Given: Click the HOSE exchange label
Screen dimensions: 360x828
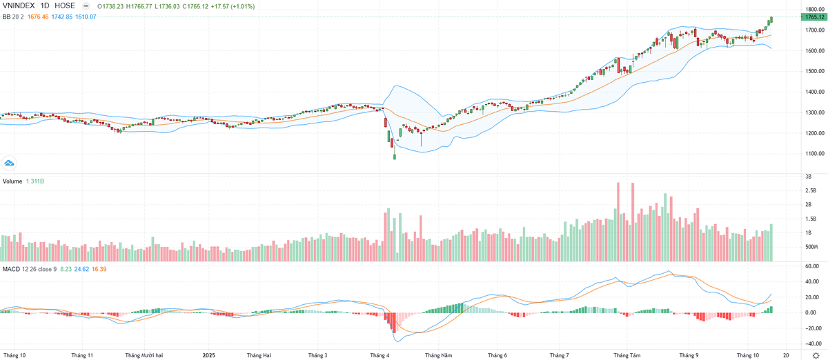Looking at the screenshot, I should [75, 6].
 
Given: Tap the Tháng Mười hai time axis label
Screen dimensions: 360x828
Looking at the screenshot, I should [144, 354].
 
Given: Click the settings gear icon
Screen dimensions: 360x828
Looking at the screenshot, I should [816, 354].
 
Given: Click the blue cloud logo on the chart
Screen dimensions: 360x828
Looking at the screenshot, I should [10, 163].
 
